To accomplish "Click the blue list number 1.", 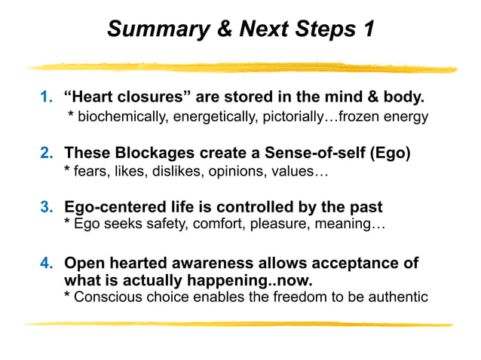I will pyautogui.click(x=45, y=99).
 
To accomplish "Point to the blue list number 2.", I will pyautogui.click(x=45, y=154).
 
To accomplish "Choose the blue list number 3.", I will pyautogui.click(x=45, y=206).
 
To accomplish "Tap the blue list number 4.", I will pyautogui.click(x=45, y=264).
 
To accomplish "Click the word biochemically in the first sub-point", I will pyautogui.click(x=121, y=117).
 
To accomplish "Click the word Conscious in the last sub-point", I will pyautogui.click(x=105, y=297).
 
